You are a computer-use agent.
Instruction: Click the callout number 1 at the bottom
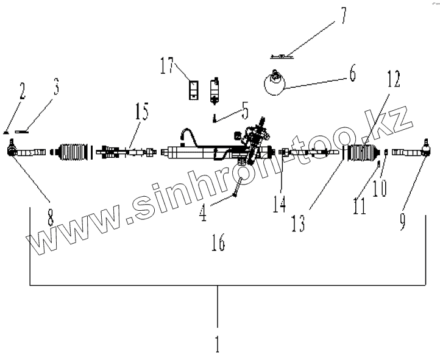217,342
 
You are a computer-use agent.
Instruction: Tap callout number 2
23,91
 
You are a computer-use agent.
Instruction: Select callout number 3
55,88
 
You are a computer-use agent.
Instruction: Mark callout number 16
218,243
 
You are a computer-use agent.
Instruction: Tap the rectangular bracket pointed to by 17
194,90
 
